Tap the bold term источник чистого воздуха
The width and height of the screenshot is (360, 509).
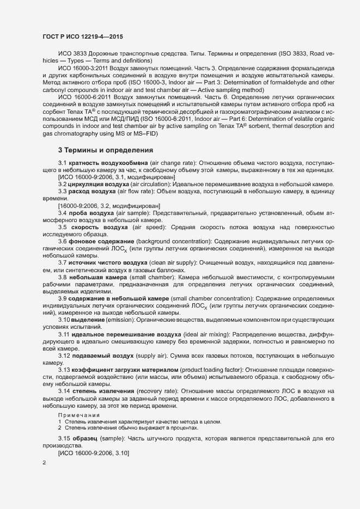coord(108,262)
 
